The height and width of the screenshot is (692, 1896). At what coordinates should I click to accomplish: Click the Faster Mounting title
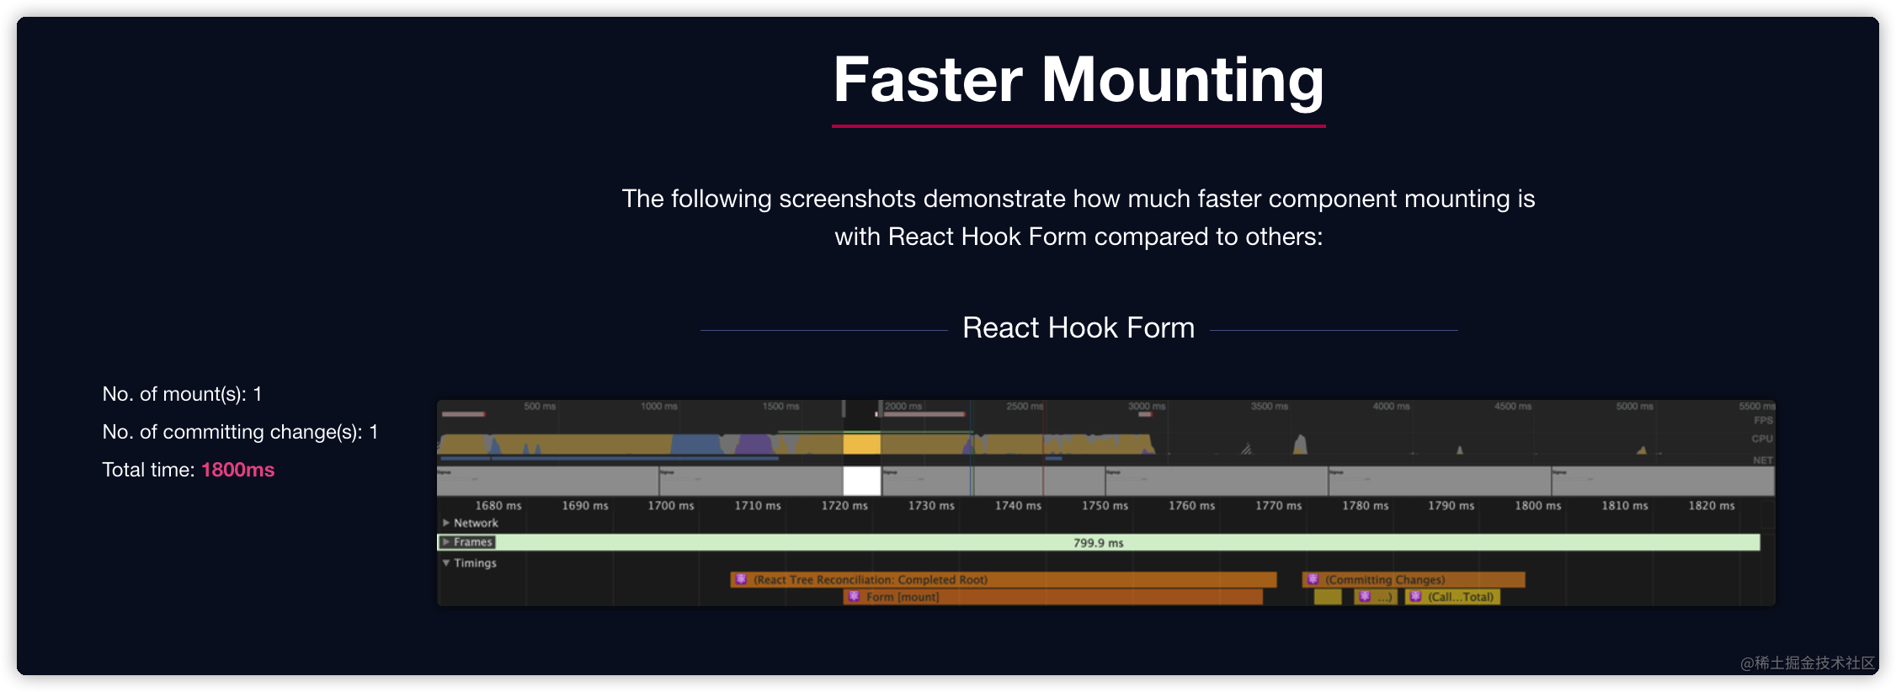[x=1078, y=80]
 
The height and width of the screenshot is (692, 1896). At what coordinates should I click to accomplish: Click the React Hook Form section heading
[x=1078, y=327]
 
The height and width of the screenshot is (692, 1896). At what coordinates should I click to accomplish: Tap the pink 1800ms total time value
[x=237, y=470]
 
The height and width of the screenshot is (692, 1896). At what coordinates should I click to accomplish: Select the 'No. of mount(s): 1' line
[x=182, y=394]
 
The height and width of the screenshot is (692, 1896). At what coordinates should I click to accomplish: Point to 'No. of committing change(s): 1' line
[x=240, y=432]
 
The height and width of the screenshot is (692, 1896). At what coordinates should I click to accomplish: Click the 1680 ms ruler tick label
[x=498, y=505]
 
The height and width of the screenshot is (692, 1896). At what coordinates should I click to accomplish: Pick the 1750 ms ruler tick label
[x=1105, y=505]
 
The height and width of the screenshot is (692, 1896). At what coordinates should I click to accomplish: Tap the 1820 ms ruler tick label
[x=1711, y=505]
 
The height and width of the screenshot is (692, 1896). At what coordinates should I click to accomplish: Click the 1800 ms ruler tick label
[x=1537, y=505]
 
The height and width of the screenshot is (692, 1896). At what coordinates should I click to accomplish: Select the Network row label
[x=475, y=523]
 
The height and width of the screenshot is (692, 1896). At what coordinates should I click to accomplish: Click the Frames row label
[x=471, y=542]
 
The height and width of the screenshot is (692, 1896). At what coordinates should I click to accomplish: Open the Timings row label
[x=474, y=563]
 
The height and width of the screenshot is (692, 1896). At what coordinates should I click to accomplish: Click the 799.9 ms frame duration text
[x=1098, y=543]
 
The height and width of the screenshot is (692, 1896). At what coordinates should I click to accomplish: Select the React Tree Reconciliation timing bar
[x=1002, y=580]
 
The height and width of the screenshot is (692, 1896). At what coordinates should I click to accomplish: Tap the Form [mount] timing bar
[x=1052, y=597]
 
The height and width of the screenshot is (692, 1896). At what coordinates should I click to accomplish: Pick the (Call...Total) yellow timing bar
[x=1453, y=597]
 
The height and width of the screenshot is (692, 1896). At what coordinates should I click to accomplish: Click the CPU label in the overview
[x=1761, y=439]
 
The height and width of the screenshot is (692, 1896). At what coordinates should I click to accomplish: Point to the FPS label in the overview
[x=1763, y=420]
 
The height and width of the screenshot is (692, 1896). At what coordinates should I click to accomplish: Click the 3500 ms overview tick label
[x=1269, y=407]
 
